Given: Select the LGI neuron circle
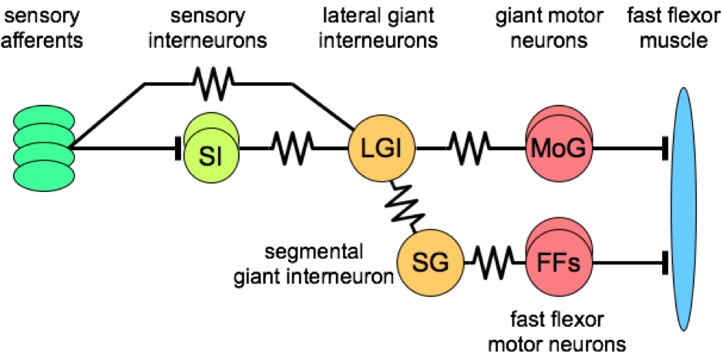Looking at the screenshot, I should point(382,146).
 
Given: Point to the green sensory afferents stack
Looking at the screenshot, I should point(44,146).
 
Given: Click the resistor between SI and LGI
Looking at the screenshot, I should point(291,145).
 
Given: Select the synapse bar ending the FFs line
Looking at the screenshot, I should point(664,263).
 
